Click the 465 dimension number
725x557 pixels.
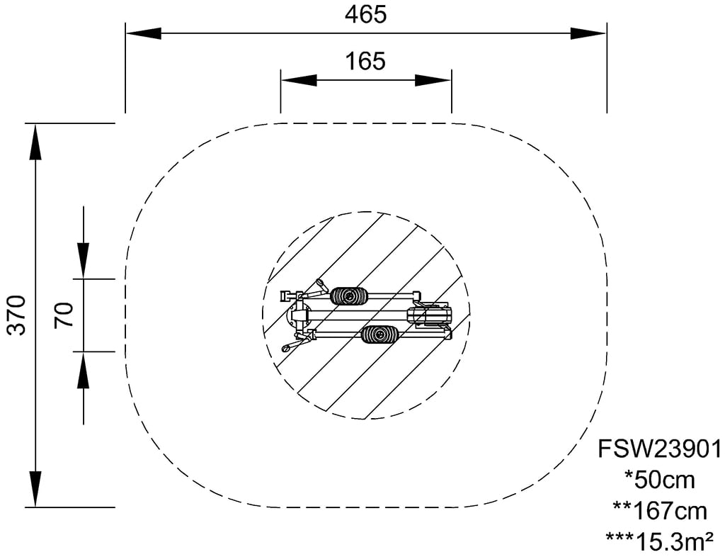365,15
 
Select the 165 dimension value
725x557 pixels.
365,61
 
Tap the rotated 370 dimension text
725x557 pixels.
18,315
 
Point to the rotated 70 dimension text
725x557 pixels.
64,315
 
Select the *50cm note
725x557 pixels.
659,480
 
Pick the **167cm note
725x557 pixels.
660,511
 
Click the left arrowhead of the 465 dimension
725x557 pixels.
144,34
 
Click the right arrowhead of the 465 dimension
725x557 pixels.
588,34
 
